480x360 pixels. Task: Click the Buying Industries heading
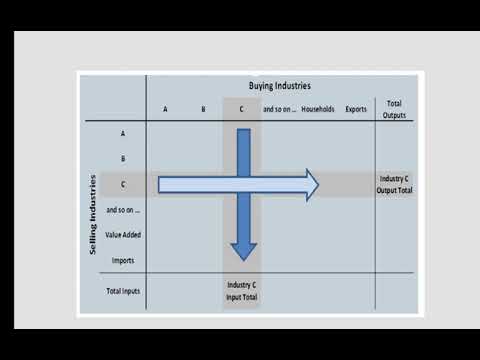point(279,87)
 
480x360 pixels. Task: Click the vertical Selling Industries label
point(93,215)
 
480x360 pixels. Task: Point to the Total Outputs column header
point(394,108)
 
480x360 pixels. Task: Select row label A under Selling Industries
point(122,133)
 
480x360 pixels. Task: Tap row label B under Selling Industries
point(122,159)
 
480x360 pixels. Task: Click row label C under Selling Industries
point(122,185)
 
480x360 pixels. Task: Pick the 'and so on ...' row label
point(122,210)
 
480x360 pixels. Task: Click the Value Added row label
point(122,236)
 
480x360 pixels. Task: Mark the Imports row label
point(122,261)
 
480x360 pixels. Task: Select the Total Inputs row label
point(122,291)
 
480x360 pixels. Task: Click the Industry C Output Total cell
point(394,185)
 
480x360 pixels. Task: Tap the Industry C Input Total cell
point(241,291)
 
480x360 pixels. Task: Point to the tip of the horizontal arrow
point(317,185)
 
